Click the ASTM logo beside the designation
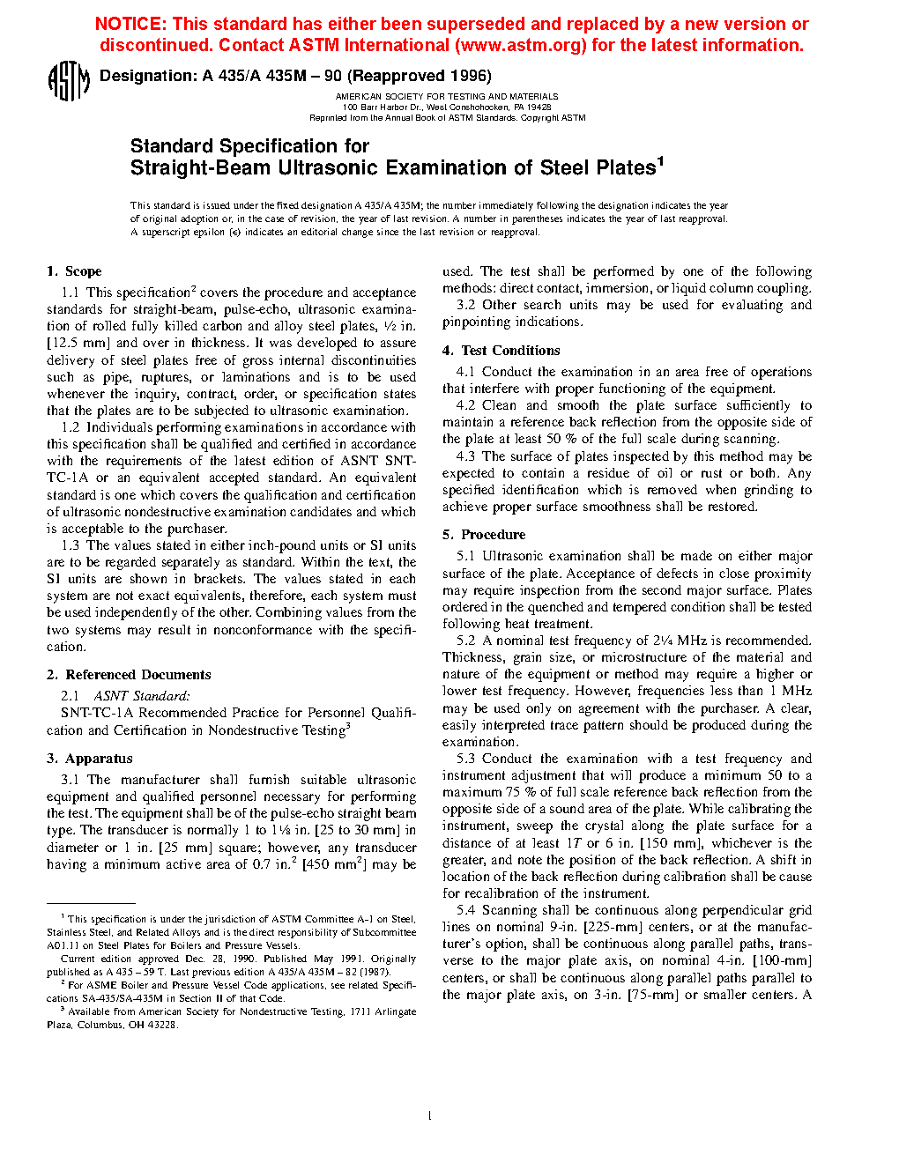coord(68,81)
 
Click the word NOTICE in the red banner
coord(129,25)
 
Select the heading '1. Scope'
coord(74,271)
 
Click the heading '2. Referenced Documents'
coord(129,675)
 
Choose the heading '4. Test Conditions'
coord(502,351)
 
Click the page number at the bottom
coord(429,1116)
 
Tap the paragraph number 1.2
coord(71,427)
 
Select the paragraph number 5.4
coord(465,910)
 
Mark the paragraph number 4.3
coord(465,456)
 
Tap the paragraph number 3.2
coord(465,305)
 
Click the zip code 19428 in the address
coord(539,107)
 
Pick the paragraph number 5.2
coord(465,641)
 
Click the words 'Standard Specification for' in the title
coord(249,146)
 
